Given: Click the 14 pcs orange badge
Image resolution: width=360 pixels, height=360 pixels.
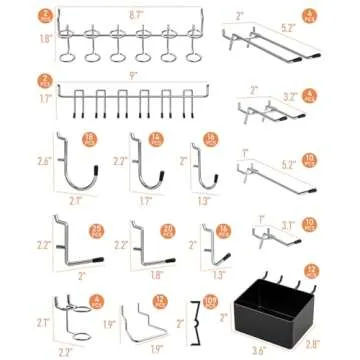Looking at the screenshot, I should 154,140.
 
